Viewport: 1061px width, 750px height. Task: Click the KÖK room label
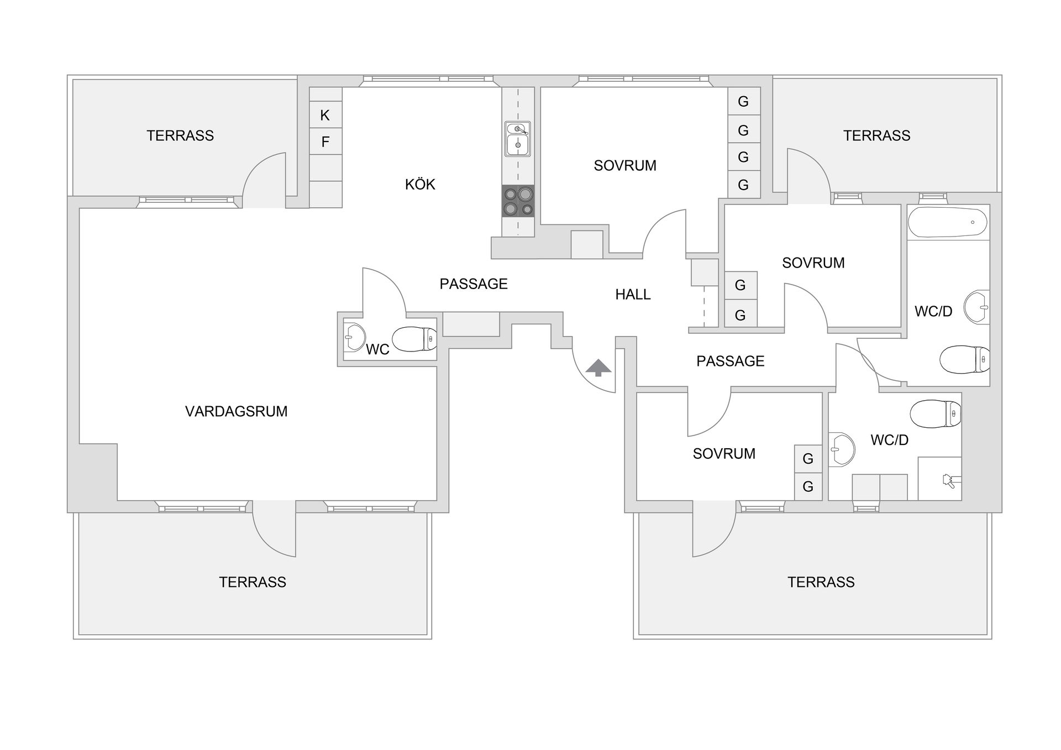[420, 184]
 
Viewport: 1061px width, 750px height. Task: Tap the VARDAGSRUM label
[237, 411]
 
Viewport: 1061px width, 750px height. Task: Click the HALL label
[633, 295]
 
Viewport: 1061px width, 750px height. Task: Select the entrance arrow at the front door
[598, 368]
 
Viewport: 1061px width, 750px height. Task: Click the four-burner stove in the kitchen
[518, 201]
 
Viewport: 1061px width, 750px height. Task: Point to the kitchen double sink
[518, 139]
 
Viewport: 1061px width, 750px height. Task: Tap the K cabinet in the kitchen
[325, 115]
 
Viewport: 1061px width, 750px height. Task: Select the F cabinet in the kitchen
[325, 142]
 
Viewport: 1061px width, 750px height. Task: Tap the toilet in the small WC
[414, 339]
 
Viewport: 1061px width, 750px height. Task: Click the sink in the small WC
[354, 337]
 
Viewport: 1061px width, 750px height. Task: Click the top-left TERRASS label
[180, 135]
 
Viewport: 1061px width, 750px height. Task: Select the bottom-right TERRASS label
[821, 582]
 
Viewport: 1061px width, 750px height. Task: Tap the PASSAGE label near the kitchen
[474, 284]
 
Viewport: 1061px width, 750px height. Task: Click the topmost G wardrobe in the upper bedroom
[743, 102]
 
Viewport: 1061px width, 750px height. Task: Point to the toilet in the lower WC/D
[935, 414]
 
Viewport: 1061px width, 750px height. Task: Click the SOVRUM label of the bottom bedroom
[724, 454]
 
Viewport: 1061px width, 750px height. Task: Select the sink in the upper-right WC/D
[977, 307]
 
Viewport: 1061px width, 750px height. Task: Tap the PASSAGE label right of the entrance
[731, 361]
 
